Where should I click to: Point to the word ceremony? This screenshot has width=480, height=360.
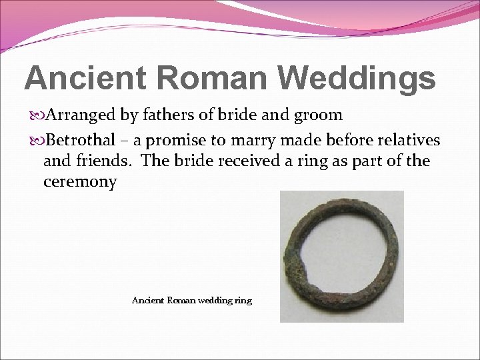[x=80, y=182]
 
